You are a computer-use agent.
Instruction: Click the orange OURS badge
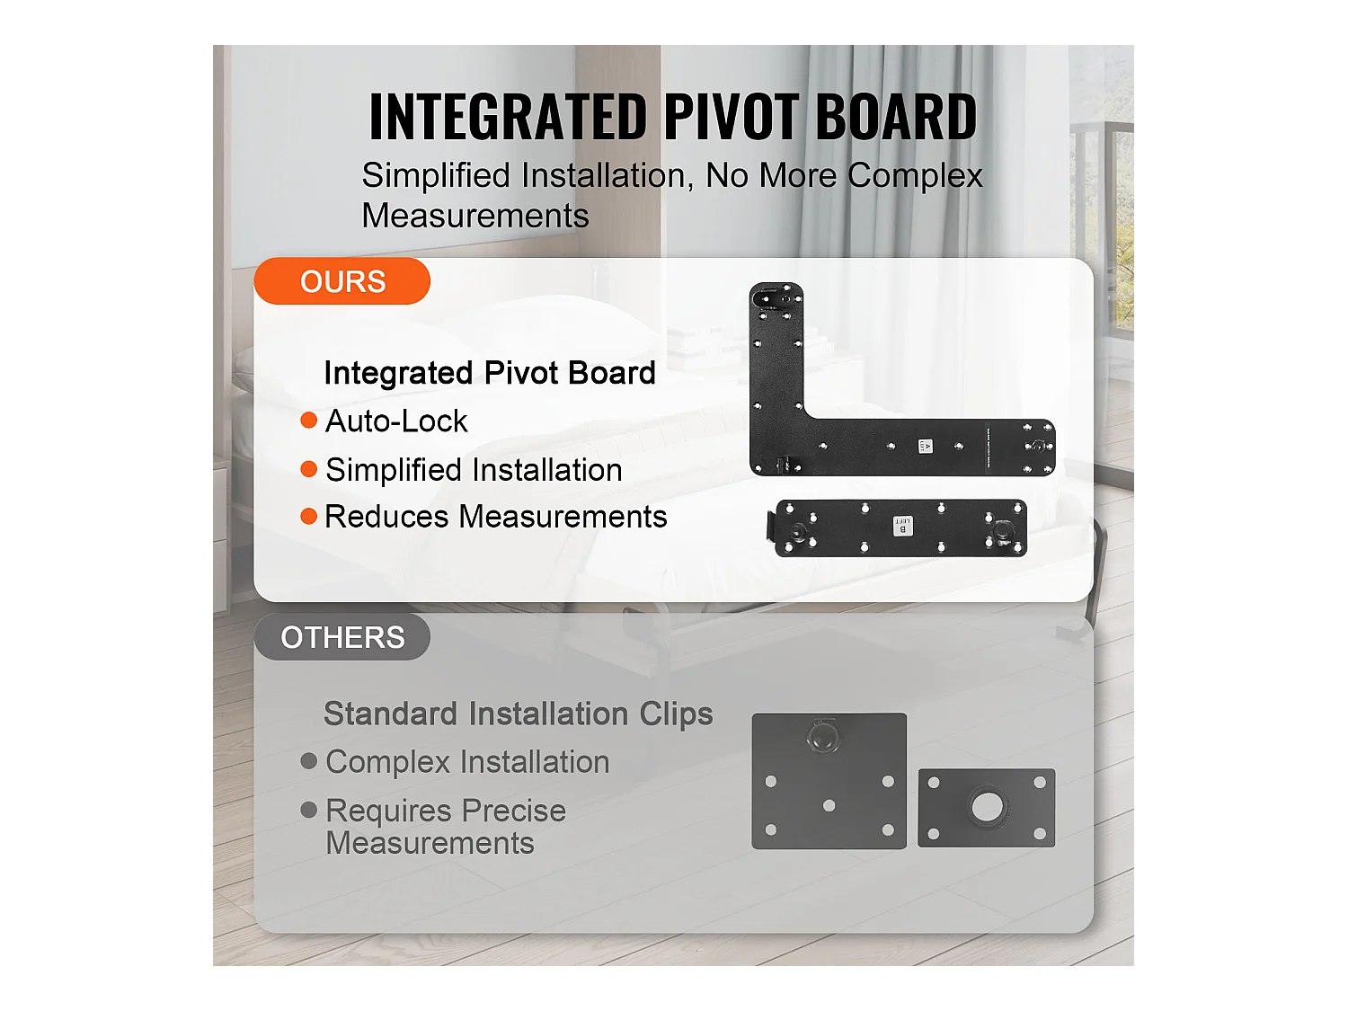click(x=342, y=281)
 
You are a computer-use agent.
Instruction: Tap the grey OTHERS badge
click(x=342, y=637)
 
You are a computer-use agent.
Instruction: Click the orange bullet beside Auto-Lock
click(x=309, y=421)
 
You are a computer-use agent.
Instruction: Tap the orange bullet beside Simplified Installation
click(x=309, y=469)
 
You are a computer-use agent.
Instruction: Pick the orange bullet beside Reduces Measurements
click(x=309, y=516)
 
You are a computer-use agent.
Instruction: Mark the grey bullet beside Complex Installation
click(x=309, y=761)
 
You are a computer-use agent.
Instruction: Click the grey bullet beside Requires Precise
click(x=309, y=810)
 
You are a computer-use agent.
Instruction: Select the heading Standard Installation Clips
click(x=518, y=714)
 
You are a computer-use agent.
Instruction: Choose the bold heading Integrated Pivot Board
click(x=490, y=373)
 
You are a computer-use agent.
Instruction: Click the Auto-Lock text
click(x=396, y=421)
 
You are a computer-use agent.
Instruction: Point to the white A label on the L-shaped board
click(x=926, y=446)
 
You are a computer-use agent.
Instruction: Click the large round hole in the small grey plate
click(x=987, y=806)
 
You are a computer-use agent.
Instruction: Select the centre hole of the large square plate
click(x=829, y=805)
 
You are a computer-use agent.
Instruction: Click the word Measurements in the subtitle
click(x=474, y=216)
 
